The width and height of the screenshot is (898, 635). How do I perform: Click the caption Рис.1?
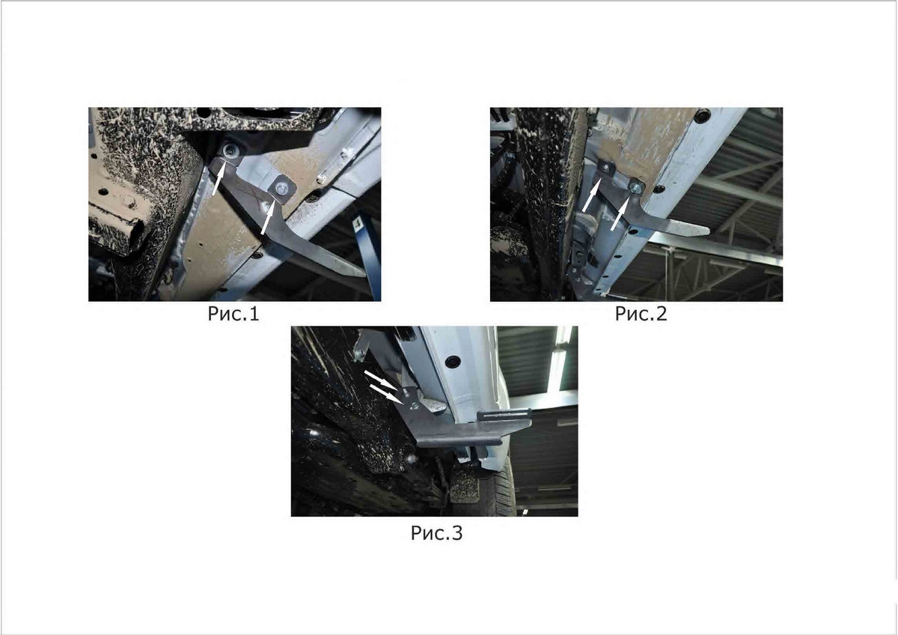pyautogui.click(x=233, y=314)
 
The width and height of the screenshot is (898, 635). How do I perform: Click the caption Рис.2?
pyautogui.click(x=641, y=314)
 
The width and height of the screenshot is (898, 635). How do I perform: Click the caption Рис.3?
pyautogui.click(x=436, y=533)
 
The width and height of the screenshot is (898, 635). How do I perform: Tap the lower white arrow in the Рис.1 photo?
pyautogui.click(x=268, y=217)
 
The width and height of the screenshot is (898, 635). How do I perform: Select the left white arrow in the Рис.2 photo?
pyautogui.click(x=591, y=195)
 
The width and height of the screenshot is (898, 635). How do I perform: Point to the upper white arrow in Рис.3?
pyautogui.click(x=381, y=380)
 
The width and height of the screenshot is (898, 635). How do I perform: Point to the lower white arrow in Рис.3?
pyautogui.click(x=386, y=394)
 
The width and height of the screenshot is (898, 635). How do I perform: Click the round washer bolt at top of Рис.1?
pyautogui.click(x=230, y=151)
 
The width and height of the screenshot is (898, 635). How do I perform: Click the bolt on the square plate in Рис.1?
pyautogui.click(x=281, y=188)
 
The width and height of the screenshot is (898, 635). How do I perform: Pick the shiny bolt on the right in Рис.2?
pyautogui.click(x=635, y=186)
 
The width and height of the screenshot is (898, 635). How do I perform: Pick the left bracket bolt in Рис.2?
pyautogui.click(x=605, y=167)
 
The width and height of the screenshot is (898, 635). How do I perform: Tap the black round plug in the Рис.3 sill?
pyautogui.click(x=453, y=362)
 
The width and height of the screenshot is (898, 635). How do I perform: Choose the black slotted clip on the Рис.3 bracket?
pyautogui.click(x=504, y=414)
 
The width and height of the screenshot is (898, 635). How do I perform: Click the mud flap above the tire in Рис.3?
pyautogui.click(x=465, y=486)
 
